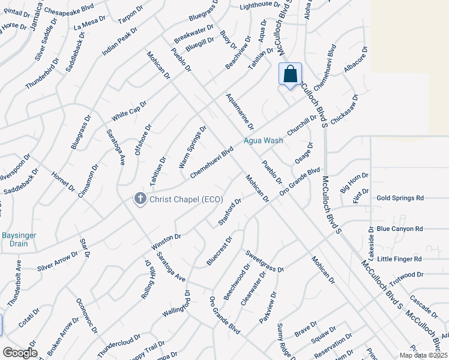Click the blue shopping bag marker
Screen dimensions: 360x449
click(x=290, y=74)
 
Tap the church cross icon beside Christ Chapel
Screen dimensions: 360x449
click(x=140, y=199)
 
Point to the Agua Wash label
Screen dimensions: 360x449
click(x=263, y=140)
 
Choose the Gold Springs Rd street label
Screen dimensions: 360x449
click(x=400, y=197)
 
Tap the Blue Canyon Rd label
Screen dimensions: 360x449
click(x=400, y=229)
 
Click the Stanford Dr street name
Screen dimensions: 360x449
click(x=229, y=211)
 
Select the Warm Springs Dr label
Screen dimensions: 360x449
click(x=192, y=146)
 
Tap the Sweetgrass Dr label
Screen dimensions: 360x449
click(x=264, y=261)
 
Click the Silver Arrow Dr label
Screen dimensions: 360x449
click(x=58, y=261)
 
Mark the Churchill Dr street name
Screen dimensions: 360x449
click(x=302, y=125)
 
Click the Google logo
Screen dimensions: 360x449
click(x=20, y=353)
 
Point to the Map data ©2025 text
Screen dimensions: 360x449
click(x=423, y=355)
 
